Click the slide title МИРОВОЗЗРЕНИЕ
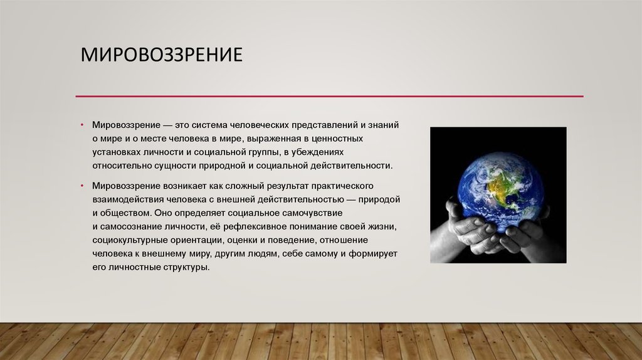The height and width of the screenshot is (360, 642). (161, 55)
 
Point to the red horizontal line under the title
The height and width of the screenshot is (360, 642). (330, 96)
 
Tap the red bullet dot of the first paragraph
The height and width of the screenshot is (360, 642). (82, 125)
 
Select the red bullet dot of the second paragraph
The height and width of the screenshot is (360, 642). (82, 186)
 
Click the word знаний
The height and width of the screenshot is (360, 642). (383, 125)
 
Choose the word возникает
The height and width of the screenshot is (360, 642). (185, 186)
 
